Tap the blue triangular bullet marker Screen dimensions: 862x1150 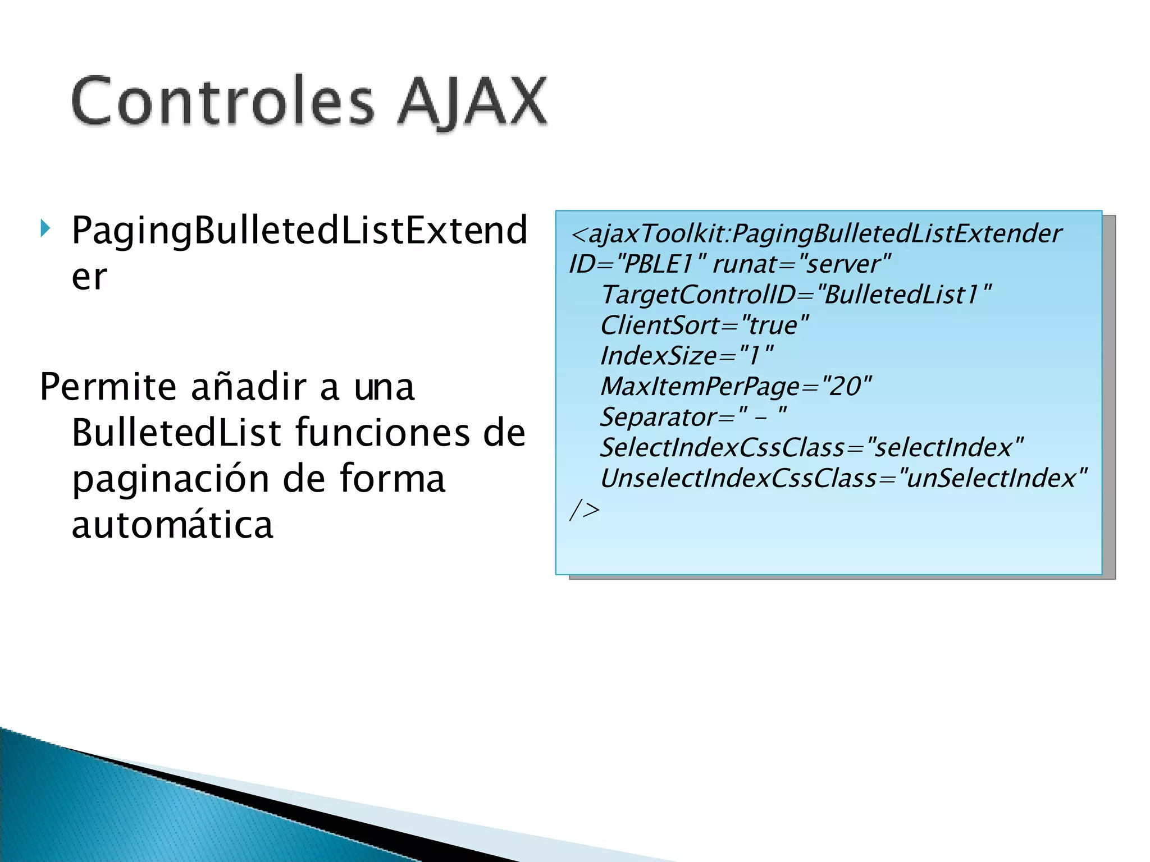(x=45, y=228)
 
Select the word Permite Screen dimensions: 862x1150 (x=108, y=387)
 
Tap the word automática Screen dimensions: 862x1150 (x=172, y=525)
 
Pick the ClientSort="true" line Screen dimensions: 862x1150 (x=704, y=325)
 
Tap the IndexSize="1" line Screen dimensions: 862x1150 (x=686, y=356)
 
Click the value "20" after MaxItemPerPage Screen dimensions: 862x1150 (x=846, y=387)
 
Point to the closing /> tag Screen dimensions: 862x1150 (x=584, y=510)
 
